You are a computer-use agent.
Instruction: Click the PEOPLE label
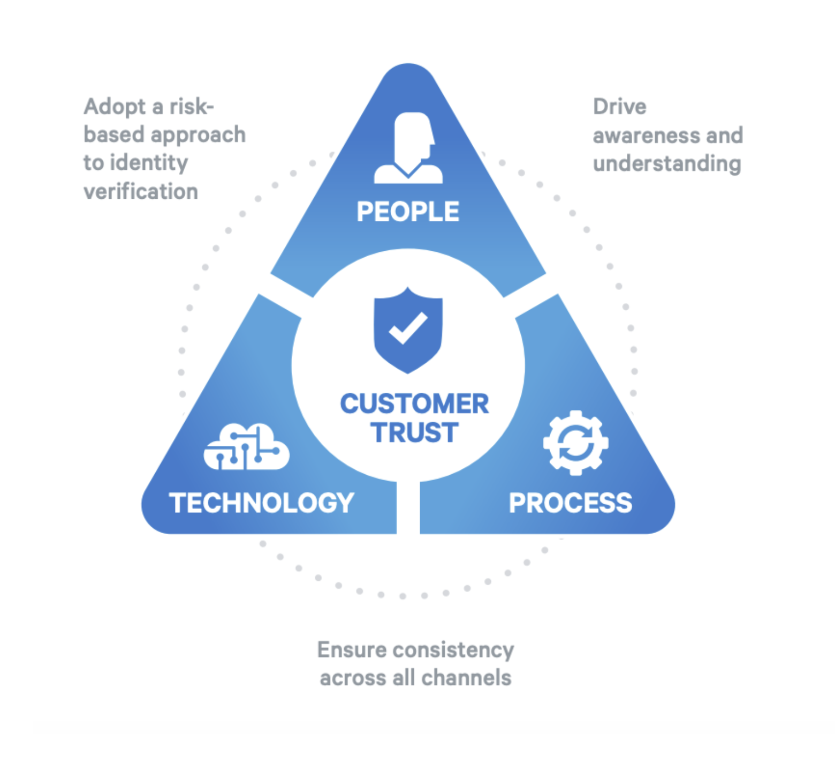[408, 212]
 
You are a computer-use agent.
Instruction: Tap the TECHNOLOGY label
[262, 503]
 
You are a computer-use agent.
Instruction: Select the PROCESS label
[571, 503]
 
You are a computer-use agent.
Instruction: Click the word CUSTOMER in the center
[414, 403]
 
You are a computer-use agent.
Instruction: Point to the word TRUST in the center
[415, 432]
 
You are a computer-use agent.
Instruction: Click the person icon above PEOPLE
[409, 148]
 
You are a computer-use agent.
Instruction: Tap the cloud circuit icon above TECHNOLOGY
[247, 447]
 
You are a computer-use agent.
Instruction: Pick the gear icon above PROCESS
[576, 443]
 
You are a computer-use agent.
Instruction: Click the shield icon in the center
[408, 330]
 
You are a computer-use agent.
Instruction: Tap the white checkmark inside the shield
[408, 327]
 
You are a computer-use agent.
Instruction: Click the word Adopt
[115, 107]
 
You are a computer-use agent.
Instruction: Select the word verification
[141, 191]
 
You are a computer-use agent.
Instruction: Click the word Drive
[620, 107]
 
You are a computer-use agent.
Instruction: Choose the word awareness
[647, 136]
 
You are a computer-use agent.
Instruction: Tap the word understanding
[667, 164]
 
